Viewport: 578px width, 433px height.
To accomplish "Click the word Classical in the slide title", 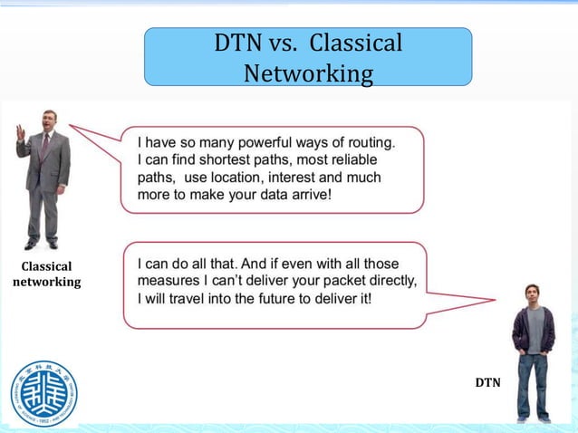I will [x=357, y=43].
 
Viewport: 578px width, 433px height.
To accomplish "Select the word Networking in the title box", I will [x=308, y=72].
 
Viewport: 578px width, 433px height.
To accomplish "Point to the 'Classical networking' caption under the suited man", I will [x=46, y=274].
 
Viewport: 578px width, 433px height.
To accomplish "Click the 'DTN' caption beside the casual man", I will [x=487, y=383].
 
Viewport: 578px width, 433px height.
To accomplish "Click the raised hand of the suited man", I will [x=21, y=132].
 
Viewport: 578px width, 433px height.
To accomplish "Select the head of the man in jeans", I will [x=533, y=294].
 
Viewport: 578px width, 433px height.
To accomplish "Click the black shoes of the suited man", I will [x=41, y=244].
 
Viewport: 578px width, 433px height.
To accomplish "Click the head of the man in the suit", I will [x=49, y=120].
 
